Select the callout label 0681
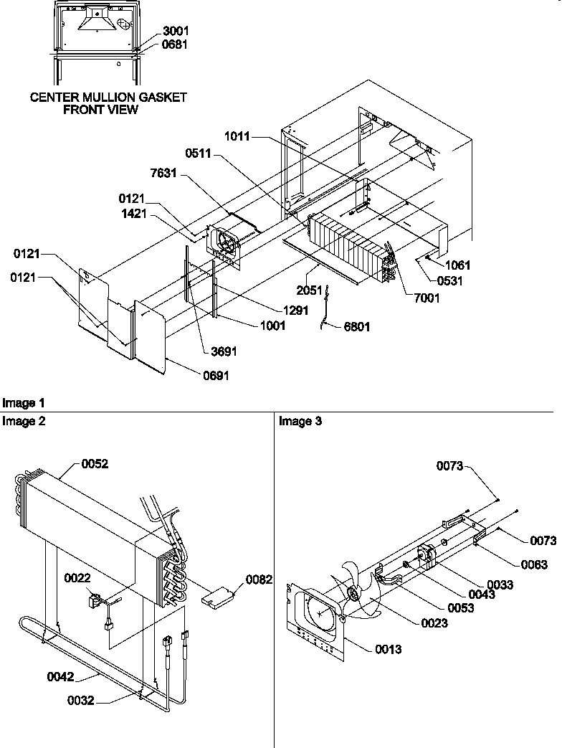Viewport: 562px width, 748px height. (x=177, y=44)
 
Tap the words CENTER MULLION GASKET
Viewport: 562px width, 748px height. (x=108, y=98)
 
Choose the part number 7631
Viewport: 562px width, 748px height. (x=164, y=175)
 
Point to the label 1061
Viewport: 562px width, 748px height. (x=457, y=265)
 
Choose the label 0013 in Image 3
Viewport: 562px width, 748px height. (x=387, y=649)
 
